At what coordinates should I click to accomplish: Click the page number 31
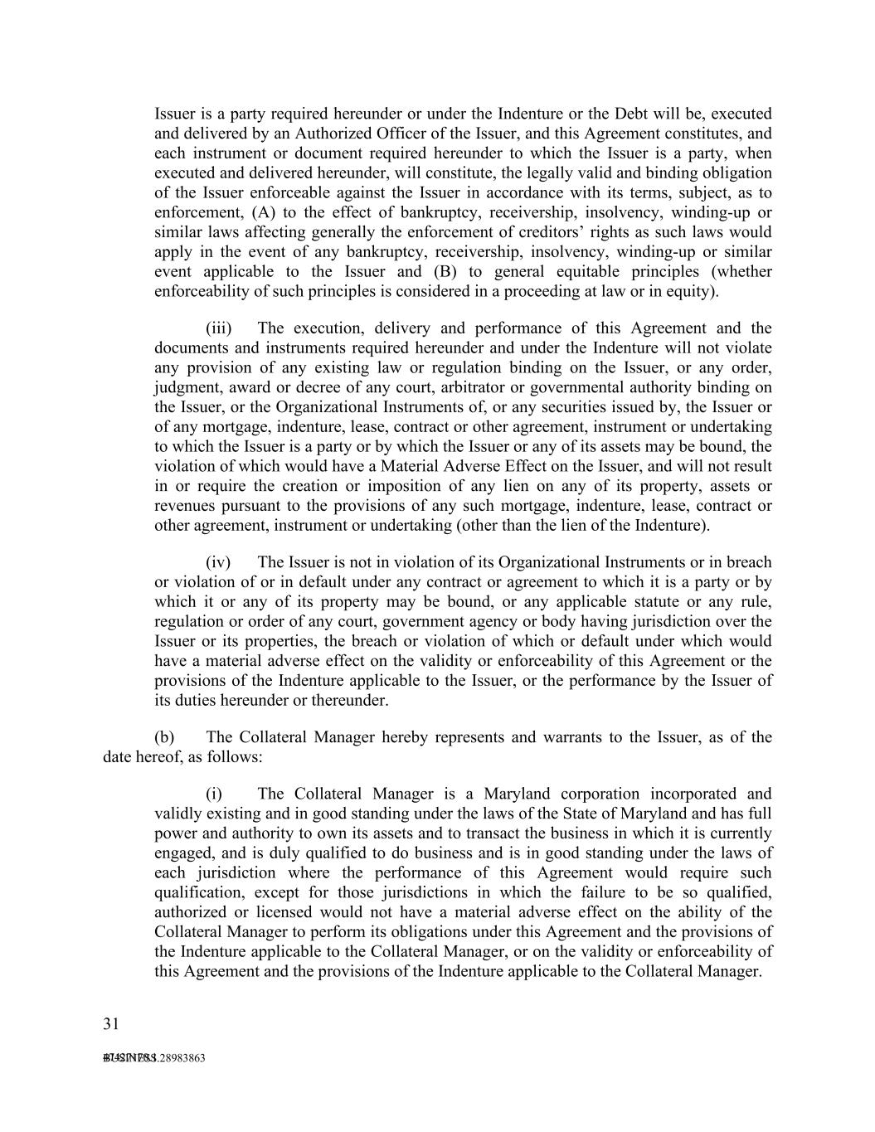pyautogui.click(x=111, y=1023)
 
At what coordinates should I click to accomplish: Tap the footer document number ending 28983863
pyautogui.click(x=154, y=1058)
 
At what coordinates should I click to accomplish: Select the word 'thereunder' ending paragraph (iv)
pyautogui.click(x=349, y=701)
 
